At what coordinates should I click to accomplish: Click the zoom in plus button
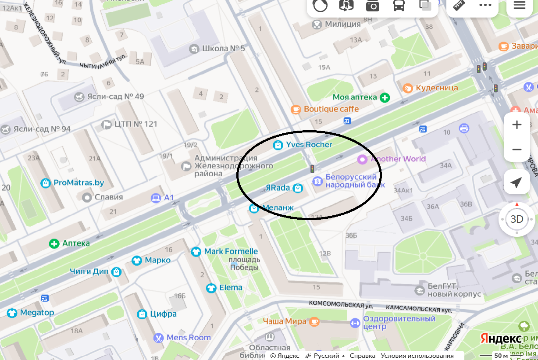pos(517,125)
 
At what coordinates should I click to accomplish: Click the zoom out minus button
pos(517,150)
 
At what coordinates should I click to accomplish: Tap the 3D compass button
pos(517,219)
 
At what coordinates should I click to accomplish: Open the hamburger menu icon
pos(520,5)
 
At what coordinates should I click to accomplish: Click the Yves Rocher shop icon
pos(278,145)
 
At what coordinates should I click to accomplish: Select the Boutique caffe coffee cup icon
pos(296,109)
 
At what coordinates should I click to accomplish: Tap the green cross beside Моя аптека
pos(385,97)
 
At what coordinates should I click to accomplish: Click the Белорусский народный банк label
pos(351,181)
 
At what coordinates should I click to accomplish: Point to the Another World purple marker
pos(362,159)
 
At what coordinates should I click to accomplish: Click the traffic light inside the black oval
pos(312,169)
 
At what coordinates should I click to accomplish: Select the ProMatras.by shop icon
pos(45,183)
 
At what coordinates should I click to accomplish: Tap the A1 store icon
pos(156,198)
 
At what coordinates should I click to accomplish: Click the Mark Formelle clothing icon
pos(196,252)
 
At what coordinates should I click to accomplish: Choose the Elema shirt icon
pos(211,288)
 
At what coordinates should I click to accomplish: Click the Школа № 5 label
pos(223,48)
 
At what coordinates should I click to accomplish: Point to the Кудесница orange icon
pos(408,88)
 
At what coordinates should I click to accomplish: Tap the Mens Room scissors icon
pos(158,338)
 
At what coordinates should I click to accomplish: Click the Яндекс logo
pos(500,339)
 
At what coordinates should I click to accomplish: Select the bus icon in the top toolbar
pos(399,6)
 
